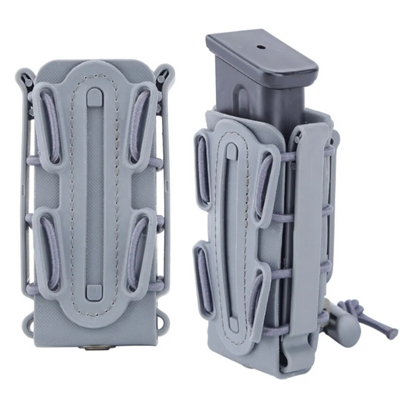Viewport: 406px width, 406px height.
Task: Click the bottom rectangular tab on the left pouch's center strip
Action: tap(92, 291)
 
